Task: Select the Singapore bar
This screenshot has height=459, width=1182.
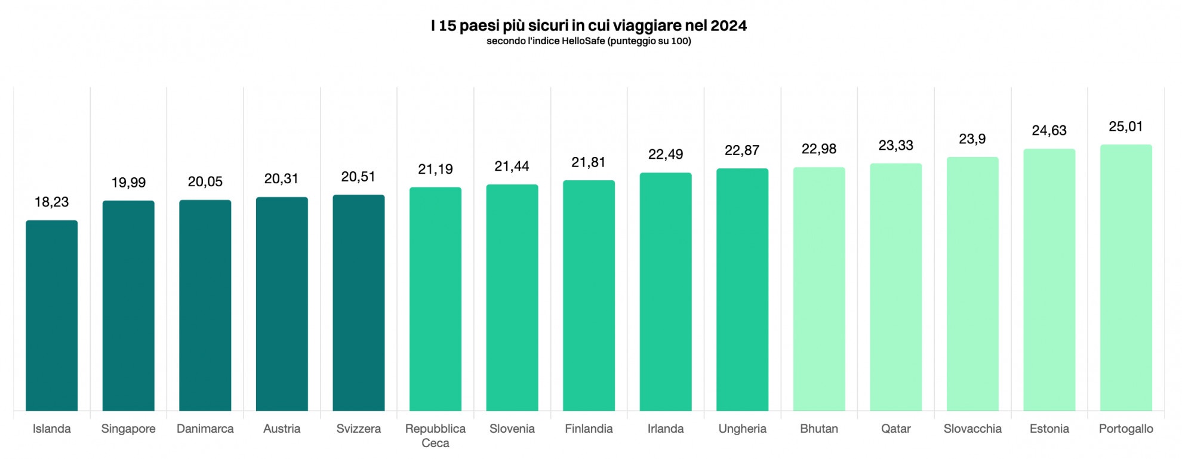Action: click(128, 306)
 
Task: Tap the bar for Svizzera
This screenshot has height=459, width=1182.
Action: click(358, 303)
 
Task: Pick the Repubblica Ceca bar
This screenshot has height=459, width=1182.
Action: click(435, 299)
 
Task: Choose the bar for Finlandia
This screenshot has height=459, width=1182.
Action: click(589, 295)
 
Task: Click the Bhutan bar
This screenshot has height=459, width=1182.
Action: click(819, 289)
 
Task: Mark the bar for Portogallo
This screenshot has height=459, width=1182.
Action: click(1126, 278)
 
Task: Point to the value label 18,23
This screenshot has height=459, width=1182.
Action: click(51, 202)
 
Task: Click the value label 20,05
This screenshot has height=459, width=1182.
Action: click(205, 182)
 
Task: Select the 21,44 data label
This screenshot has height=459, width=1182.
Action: click(512, 167)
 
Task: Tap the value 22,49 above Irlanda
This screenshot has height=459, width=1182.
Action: click(666, 155)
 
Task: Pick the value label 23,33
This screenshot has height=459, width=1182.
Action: click(895, 146)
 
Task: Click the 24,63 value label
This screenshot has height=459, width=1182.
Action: click(1049, 131)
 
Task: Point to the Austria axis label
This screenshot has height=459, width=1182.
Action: click(282, 429)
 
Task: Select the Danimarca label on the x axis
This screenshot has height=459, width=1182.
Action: click(205, 429)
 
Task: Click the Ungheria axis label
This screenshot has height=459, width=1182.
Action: click(742, 429)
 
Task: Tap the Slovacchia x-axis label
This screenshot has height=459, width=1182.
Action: click(972, 429)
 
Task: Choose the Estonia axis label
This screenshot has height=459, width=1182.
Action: click(1049, 429)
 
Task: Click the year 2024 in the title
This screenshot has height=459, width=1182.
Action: click(728, 26)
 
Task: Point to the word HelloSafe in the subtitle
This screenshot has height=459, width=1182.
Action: click(583, 41)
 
